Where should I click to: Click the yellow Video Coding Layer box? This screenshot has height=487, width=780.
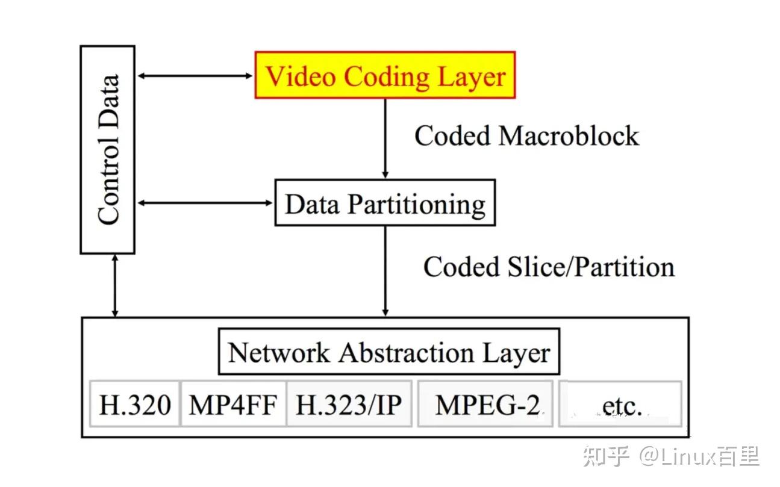point(385,75)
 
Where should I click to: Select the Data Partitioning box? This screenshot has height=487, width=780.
point(385,203)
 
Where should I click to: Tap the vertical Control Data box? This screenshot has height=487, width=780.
point(108,149)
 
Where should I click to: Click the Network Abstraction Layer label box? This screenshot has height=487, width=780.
point(388,352)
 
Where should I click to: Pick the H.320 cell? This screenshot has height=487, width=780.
point(135,404)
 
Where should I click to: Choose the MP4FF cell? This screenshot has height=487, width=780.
point(234,404)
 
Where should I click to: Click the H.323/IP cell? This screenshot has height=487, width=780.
point(349,404)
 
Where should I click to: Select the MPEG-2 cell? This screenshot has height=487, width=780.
point(485,404)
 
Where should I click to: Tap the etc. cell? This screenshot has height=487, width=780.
point(620,404)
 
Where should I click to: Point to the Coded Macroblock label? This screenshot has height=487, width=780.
point(526,135)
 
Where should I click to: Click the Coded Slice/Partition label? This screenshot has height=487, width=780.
point(549,267)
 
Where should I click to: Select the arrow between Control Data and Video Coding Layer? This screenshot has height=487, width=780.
point(195,76)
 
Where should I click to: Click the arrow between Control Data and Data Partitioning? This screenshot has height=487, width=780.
point(205,203)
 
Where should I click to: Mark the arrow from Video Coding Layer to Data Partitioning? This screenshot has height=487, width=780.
point(385,138)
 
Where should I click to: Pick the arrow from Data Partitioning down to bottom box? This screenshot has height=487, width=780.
point(385,271)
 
